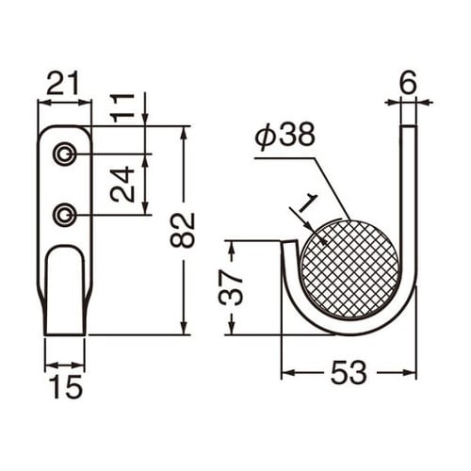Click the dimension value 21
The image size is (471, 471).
[62, 83]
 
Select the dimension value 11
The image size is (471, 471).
[122, 108]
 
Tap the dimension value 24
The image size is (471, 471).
[122, 184]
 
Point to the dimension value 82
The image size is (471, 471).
[183, 230]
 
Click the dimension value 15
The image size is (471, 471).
[65, 386]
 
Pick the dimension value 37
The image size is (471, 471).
[231, 288]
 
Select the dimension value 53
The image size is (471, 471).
[349, 373]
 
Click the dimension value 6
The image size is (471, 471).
[408, 83]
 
